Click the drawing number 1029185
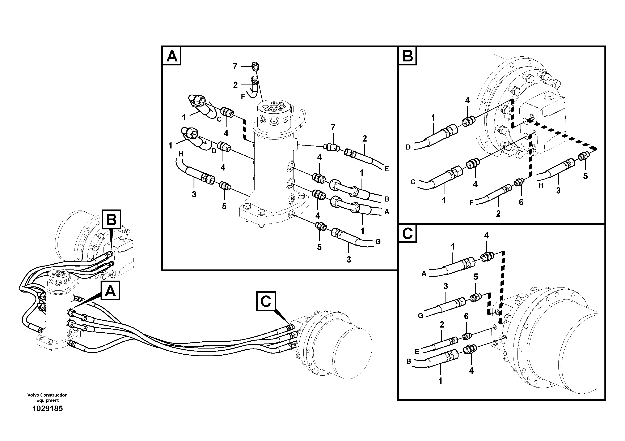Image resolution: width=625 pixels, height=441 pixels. click(x=48, y=409)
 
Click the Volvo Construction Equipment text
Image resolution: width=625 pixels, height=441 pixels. click(x=47, y=398)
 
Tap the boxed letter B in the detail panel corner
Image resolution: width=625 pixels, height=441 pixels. click(x=407, y=56)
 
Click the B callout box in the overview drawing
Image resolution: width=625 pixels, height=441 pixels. click(x=111, y=219)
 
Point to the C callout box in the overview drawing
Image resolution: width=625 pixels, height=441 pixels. click(x=266, y=301)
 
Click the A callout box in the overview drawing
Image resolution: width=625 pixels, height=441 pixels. click(x=110, y=291)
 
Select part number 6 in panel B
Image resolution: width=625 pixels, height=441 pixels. click(x=521, y=202)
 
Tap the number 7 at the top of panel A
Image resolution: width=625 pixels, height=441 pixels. click(x=235, y=66)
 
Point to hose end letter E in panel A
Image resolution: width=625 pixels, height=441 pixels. click(x=386, y=169)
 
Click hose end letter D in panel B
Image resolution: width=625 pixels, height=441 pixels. click(x=408, y=147)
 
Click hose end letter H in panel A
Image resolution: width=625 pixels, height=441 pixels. click(x=181, y=154)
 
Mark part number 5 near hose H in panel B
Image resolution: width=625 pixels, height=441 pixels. click(x=585, y=176)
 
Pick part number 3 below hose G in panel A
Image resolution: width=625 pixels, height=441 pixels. click(x=349, y=259)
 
